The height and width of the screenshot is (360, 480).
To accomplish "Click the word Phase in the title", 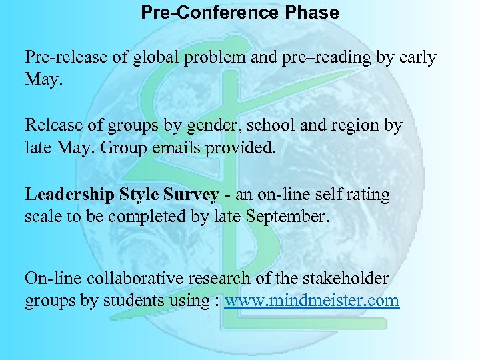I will click(312, 13).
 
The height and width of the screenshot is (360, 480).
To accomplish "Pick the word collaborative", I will click(145, 278).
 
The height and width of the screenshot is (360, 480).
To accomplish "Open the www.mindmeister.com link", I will click(311, 301).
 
